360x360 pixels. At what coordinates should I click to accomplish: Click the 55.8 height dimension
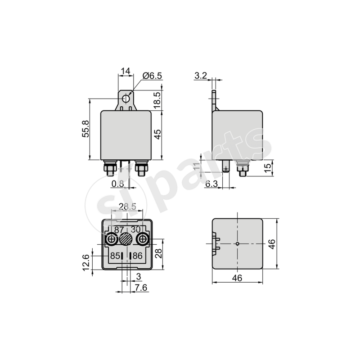pyautogui.click(x=85, y=129)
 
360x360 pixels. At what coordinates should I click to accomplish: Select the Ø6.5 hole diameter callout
pyautogui.click(x=152, y=76)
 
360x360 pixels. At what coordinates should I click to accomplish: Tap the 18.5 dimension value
pyautogui.click(x=157, y=100)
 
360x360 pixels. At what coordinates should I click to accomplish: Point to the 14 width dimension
pyautogui.click(x=126, y=71)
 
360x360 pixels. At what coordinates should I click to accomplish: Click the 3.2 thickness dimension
pyautogui.click(x=201, y=76)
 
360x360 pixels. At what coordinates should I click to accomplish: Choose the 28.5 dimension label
pyautogui.click(x=127, y=207)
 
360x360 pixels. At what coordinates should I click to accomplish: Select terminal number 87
pyautogui.click(x=119, y=229)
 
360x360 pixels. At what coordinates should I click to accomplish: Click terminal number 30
pyautogui.click(x=136, y=229)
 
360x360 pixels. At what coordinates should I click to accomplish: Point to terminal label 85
pyautogui.click(x=115, y=256)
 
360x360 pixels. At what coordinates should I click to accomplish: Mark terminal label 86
pyautogui.click(x=137, y=256)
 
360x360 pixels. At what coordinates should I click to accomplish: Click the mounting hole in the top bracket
pyautogui.click(x=126, y=98)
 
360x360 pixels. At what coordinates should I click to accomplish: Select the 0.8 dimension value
pyautogui.click(x=117, y=183)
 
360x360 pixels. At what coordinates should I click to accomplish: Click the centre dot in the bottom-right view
pyautogui.click(x=237, y=243)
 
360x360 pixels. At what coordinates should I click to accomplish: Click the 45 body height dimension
pyautogui.click(x=157, y=134)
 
